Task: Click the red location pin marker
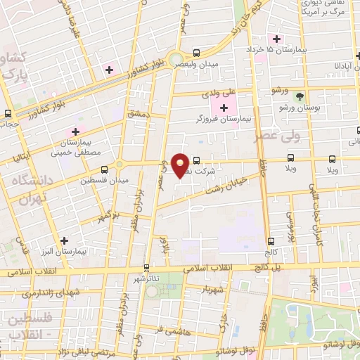pyautogui.click(x=181, y=165)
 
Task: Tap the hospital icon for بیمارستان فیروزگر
pyautogui.click(x=224, y=108)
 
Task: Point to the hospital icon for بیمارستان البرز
pyautogui.click(x=64, y=240)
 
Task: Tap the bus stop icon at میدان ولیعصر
pyautogui.click(x=196, y=53)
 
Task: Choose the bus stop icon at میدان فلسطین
pyautogui.click(x=104, y=169)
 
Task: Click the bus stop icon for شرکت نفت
pyautogui.click(x=196, y=160)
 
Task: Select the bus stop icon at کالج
pyautogui.click(x=270, y=241)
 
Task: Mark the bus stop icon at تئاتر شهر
pyautogui.click(x=146, y=267)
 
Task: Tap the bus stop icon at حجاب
pyautogui.click(x=8, y=112)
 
